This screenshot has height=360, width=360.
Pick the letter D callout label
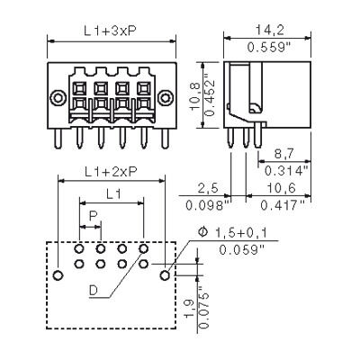[94, 290]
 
